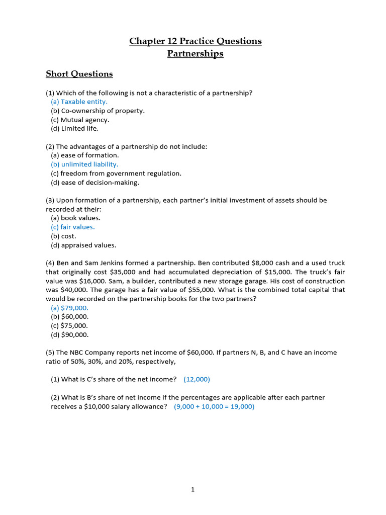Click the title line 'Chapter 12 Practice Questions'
tap(195, 41)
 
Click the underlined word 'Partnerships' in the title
tap(195, 53)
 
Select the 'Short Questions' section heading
tap(79, 74)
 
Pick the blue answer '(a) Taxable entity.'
tap(79, 102)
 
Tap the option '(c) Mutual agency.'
tap(80, 120)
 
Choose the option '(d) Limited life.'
tap(75, 129)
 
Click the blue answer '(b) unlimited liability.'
tap(84, 164)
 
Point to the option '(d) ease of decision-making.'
tap(95, 183)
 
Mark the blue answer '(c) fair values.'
tap(73, 227)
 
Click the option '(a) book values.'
tap(75, 218)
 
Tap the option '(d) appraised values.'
tap(83, 245)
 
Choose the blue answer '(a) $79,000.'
tap(69, 308)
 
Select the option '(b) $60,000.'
tap(70, 317)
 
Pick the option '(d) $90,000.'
tap(70, 335)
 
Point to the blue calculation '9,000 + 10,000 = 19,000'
tap(214, 407)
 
